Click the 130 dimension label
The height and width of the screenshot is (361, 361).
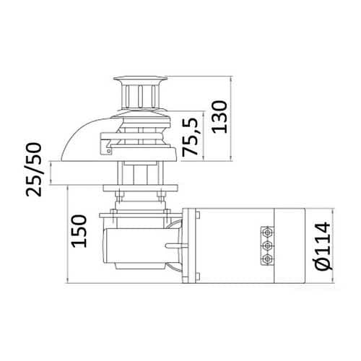(x=219, y=117)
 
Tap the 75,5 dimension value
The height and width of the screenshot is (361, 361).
(x=190, y=137)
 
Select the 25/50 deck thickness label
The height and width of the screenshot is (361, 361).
(x=34, y=170)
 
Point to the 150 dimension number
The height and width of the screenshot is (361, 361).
(x=79, y=231)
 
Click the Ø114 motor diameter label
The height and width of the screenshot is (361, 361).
(x=323, y=246)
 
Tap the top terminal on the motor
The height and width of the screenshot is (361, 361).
(x=267, y=232)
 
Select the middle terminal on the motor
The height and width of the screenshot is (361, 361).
(x=267, y=245)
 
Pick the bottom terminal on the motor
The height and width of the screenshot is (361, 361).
(x=267, y=259)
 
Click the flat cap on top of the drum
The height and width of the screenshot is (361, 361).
(x=140, y=79)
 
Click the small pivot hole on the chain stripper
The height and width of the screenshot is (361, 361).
(x=109, y=151)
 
